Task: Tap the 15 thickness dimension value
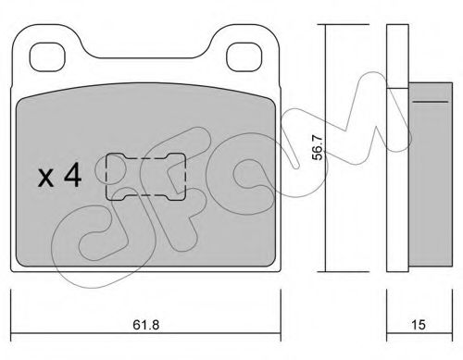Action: [x=419, y=326]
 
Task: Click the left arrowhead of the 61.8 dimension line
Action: [x=13, y=310]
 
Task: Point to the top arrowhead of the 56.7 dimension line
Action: [x=323, y=29]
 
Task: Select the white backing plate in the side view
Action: [x=396, y=148]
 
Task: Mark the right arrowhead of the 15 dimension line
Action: [x=448, y=310]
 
